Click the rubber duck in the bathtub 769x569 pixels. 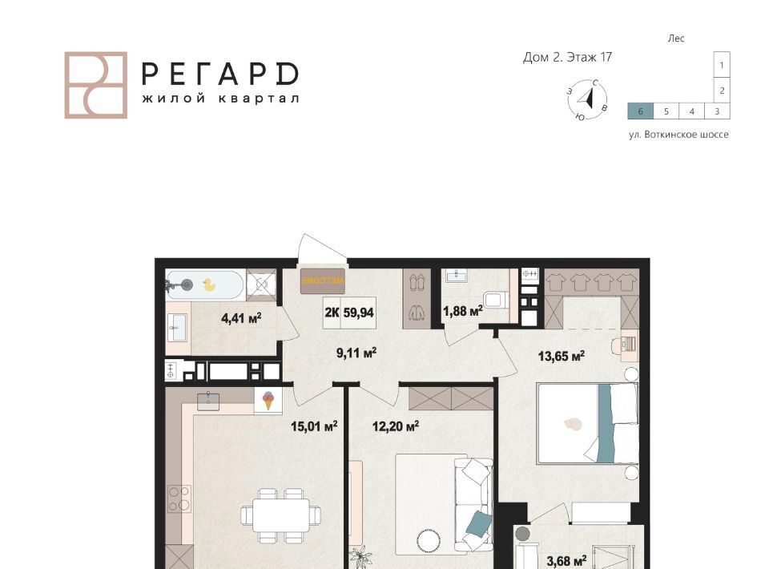[x=209, y=285]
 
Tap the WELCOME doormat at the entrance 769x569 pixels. [x=323, y=281]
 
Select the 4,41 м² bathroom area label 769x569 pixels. [x=241, y=318]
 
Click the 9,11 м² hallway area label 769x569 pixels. [x=356, y=353]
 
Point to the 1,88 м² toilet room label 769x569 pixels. [x=463, y=311]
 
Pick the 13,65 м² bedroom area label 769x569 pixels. [x=562, y=356]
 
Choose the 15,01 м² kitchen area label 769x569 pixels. [x=314, y=426]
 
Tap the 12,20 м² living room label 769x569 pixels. [x=396, y=426]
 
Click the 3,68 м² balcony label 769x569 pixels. [x=567, y=560]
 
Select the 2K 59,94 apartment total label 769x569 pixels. [x=349, y=313]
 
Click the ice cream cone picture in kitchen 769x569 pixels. [x=268, y=400]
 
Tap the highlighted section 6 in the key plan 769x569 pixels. [x=641, y=111]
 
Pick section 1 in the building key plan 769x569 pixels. [x=722, y=65]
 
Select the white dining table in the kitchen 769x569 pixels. [x=281, y=515]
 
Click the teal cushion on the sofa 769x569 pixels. [x=478, y=523]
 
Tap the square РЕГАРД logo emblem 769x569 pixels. [x=96, y=85]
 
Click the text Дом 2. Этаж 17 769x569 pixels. [x=567, y=58]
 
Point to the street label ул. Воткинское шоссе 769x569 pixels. [x=678, y=135]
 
